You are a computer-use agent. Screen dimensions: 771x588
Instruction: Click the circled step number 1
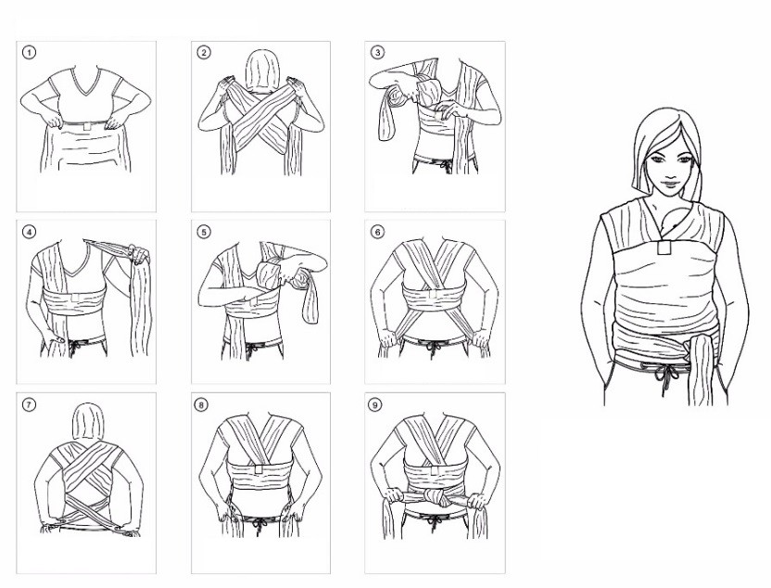(29, 52)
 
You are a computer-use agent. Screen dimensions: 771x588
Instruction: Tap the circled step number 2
(204, 52)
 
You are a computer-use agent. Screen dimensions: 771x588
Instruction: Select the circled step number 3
(377, 52)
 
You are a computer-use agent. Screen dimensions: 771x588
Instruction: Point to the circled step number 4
(29, 231)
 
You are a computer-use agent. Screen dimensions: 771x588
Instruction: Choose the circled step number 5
(204, 231)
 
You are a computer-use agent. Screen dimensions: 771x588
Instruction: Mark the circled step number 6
(377, 231)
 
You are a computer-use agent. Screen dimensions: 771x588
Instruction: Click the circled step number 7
(29, 404)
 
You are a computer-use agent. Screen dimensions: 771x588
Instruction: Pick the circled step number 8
(201, 404)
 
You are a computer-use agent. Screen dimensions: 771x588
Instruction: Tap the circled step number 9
(374, 404)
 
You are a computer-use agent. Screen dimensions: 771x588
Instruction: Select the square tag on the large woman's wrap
(664, 248)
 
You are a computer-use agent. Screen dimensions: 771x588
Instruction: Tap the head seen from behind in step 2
(261, 71)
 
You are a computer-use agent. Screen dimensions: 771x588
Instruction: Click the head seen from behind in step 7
(88, 422)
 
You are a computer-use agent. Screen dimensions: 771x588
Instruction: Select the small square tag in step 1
(87, 126)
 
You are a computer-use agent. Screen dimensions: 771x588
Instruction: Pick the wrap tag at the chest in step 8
(259, 468)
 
